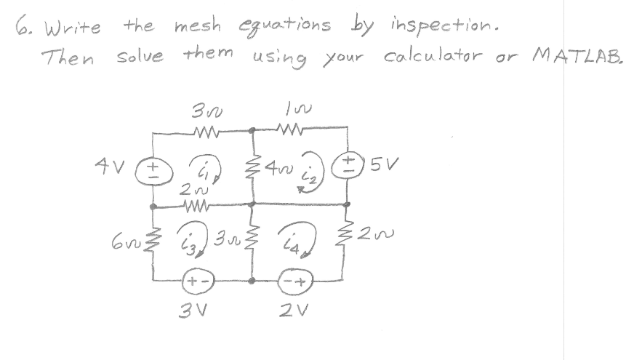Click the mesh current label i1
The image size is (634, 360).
coord(201,169)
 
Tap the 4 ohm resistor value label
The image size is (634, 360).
coord(275,168)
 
